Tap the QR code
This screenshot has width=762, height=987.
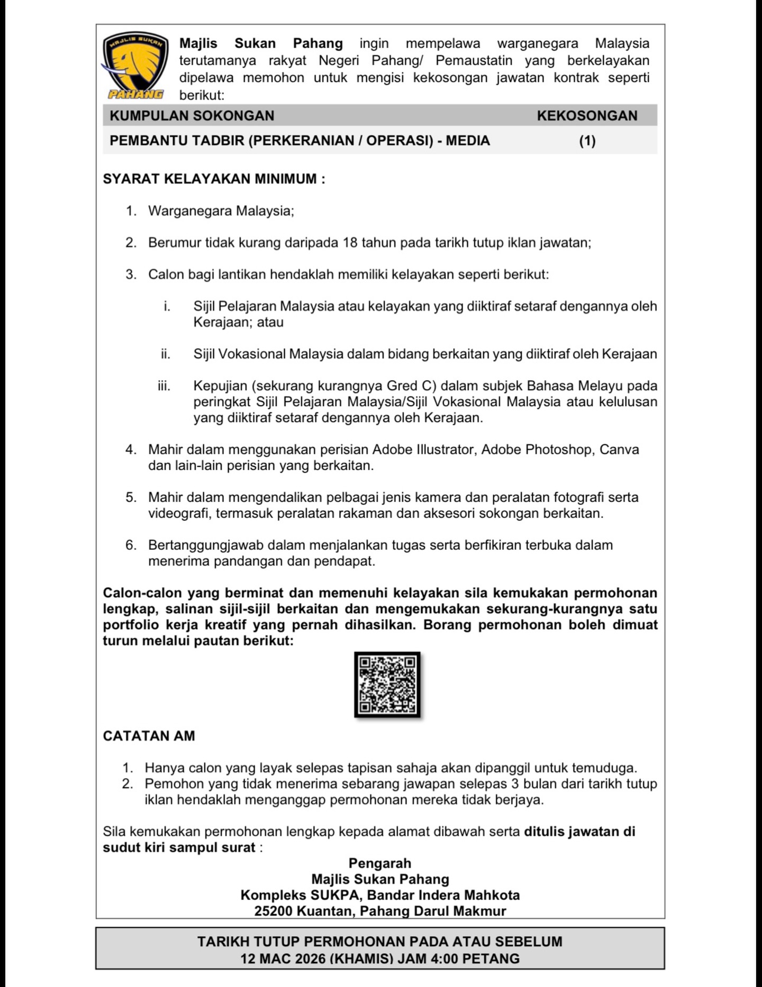387,685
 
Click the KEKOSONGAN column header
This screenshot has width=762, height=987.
587,116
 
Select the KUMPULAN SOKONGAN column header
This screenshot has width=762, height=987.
192,116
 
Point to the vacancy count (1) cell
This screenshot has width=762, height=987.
587,141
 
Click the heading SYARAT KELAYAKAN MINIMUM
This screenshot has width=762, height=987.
214,179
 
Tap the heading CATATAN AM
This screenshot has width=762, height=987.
149,736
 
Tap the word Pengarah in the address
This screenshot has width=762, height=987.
379,863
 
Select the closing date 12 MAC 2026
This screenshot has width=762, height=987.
283,958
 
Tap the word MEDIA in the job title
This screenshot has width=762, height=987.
468,141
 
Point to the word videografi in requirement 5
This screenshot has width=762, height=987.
179,513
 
